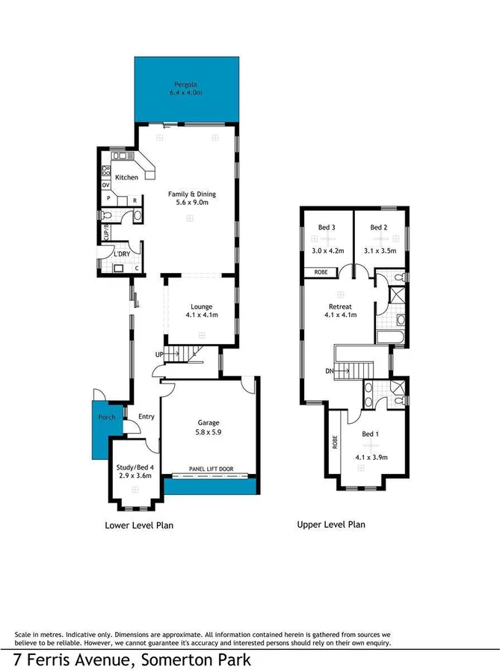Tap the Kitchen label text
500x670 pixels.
coord(126,177)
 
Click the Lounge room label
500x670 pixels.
coord(201,306)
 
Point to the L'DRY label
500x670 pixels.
coord(122,255)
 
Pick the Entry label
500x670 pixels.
coord(146,417)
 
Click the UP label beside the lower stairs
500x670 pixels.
coord(158,354)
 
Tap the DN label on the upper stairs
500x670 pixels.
coord(330,371)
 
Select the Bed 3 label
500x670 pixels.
coord(327,227)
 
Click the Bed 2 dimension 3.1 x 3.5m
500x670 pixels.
coord(379,251)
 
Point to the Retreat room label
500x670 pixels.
coord(340,307)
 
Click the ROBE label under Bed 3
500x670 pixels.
coord(321,271)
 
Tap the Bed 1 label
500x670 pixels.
coord(370,434)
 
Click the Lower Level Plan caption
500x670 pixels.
coord(139,526)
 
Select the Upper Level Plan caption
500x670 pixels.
coord(331,524)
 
